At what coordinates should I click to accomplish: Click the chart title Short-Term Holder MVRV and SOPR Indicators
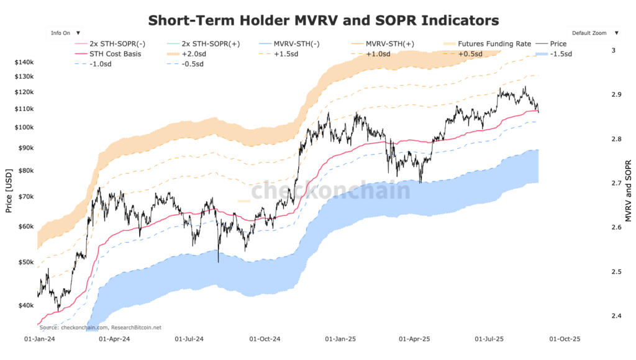(323, 20)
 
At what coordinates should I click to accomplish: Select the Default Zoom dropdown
(593, 32)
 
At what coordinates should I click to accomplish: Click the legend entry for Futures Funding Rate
(494, 44)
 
